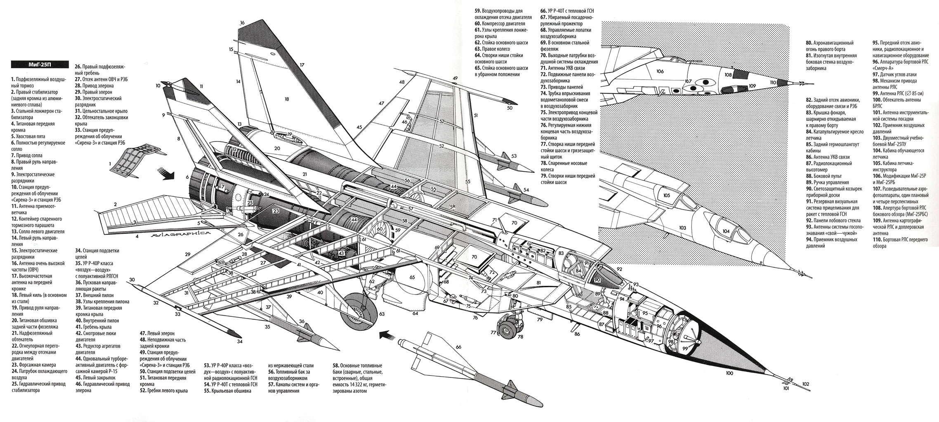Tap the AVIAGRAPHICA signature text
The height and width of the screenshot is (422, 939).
coord(180,234)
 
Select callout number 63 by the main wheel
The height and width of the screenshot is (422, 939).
coord(381,314)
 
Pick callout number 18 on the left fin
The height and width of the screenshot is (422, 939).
coord(287,99)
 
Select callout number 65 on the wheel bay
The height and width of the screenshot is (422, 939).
coord(412,277)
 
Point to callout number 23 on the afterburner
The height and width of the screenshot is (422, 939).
coord(276,211)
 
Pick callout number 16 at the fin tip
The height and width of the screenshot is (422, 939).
coord(242,23)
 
